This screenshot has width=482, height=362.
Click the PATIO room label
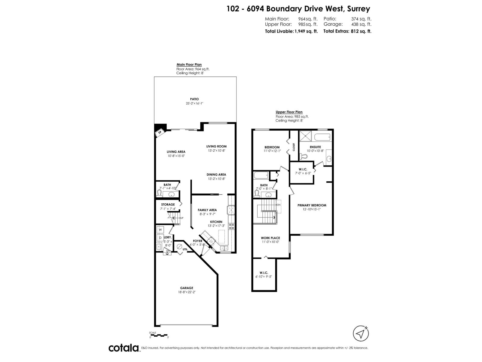coord(194,99)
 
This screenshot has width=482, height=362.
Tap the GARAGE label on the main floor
coord(187,288)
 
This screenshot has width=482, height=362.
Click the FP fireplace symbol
coord(160,132)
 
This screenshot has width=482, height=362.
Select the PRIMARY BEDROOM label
coord(312,205)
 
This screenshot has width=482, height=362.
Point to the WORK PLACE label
coord(270,238)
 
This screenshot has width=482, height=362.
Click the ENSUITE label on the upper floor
coord(315,147)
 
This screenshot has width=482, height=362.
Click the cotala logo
coord(124,348)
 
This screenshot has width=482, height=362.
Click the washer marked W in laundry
coord(160,230)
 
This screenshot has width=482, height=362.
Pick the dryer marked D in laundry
coord(160,238)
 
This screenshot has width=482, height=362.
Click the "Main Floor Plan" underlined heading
coord(189,65)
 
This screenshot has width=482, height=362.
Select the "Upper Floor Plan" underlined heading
coord(289,112)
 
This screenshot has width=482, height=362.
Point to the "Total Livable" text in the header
coord(279,31)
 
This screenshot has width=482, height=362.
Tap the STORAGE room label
coord(168,205)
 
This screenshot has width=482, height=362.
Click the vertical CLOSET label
coord(294,147)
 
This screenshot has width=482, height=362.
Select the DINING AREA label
coord(216,174)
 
